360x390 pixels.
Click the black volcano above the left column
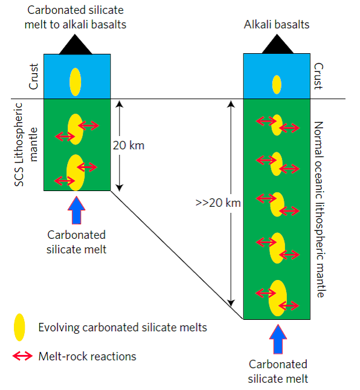(x=76, y=46)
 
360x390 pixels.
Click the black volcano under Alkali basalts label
(x=277, y=45)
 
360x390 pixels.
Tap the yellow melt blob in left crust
(x=76, y=82)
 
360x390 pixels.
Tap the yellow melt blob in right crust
(x=277, y=85)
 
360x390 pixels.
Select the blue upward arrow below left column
(x=77, y=210)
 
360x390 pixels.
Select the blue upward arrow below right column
(x=278, y=339)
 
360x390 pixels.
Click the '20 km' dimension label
(x=129, y=146)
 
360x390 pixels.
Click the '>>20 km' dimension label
(x=218, y=203)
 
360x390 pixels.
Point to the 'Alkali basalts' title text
(x=277, y=25)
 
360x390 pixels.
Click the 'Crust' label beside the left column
(x=34, y=76)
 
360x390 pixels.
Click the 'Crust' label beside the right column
(x=318, y=76)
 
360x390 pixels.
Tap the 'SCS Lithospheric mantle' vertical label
(x=26, y=145)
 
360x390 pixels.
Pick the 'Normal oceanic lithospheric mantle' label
(x=320, y=209)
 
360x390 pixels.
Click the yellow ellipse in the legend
(x=19, y=327)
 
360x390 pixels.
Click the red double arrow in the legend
(x=22, y=356)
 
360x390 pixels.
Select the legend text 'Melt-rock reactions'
(x=87, y=356)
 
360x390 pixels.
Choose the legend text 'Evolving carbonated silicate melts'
(x=123, y=327)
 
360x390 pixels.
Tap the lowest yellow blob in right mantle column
(x=278, y=298)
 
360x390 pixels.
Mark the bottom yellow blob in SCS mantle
(x=76, y=172)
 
